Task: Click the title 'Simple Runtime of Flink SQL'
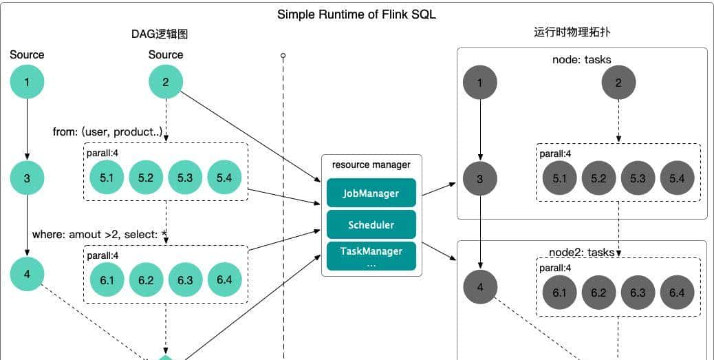point(356,14)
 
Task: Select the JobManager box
point(371,193)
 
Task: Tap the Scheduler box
point(371,225)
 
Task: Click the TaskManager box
point(371,255)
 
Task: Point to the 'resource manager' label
point(371,165)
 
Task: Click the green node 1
point(27,83)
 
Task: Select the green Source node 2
point(166,83)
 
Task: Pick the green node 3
point(27,178)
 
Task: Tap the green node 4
point(27,275)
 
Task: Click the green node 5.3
point(185,178)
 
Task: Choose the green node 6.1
point(107,279)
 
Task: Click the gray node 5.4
point(677,178)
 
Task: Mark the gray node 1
point(480,83)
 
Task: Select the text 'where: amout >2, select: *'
point(100,235)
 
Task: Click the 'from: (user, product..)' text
point(107,131)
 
